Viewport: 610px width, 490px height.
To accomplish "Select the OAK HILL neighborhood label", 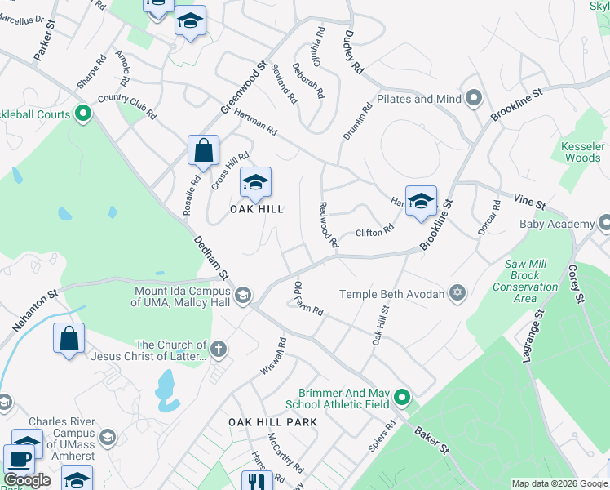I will tap(256, 209).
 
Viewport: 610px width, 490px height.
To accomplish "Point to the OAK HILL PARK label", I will tap(272, 421).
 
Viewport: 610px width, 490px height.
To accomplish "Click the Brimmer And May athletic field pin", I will tap(401, 399).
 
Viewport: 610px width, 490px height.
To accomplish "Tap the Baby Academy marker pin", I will tap(604, 222).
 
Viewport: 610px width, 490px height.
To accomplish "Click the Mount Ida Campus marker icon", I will tap(242, 295).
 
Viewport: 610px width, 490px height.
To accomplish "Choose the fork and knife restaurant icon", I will tap(257, 482).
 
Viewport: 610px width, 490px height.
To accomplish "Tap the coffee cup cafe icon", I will tap(20, 459).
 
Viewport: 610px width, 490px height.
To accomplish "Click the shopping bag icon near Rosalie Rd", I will tap(203, 150).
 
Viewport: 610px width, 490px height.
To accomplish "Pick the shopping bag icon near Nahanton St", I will tap(69, 338).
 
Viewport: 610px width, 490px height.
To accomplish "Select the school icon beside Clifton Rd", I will tap(420, 201).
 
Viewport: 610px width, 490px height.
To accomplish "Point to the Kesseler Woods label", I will tap(582, 152).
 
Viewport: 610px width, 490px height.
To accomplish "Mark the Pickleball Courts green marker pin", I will tap(82, 114).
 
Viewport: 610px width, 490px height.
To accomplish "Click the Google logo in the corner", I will tap(28, 480).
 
